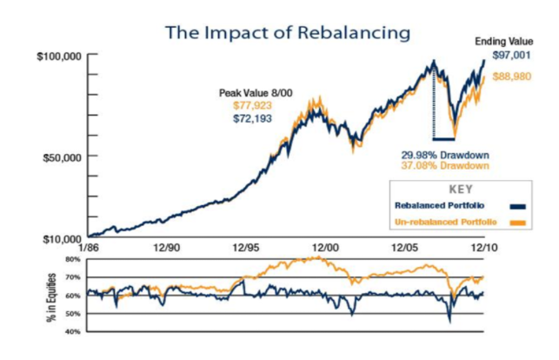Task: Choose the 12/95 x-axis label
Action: [x=247, y=249]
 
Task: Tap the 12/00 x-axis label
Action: [x=325, y=249]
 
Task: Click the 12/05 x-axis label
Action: [x=404, y=249]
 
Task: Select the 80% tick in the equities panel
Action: [x=73, y=259]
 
